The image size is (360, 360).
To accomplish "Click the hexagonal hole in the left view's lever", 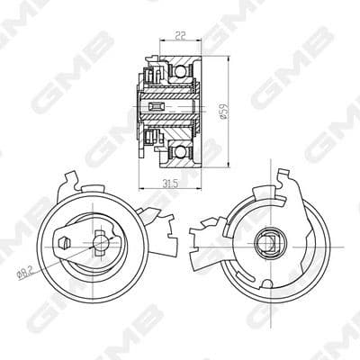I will coord(63,242).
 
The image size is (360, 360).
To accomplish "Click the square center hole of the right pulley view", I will coord(268,240).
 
